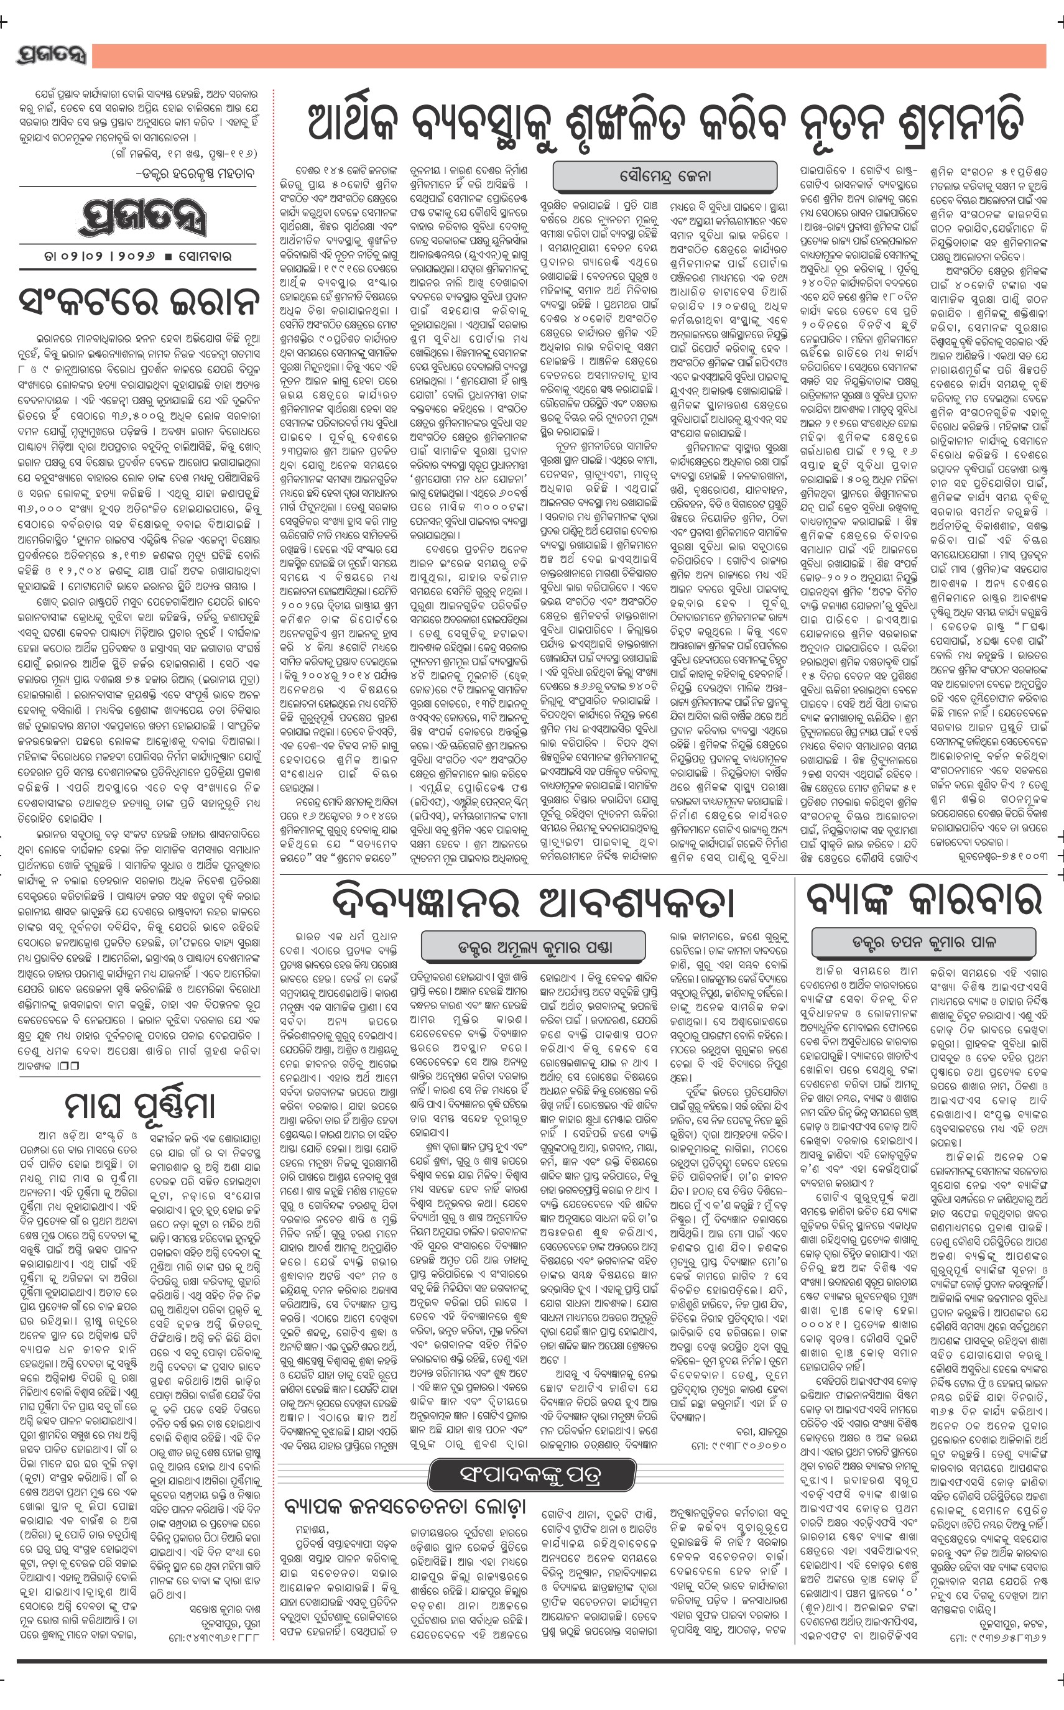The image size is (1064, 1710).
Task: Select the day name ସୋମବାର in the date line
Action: tap(203, 257)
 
